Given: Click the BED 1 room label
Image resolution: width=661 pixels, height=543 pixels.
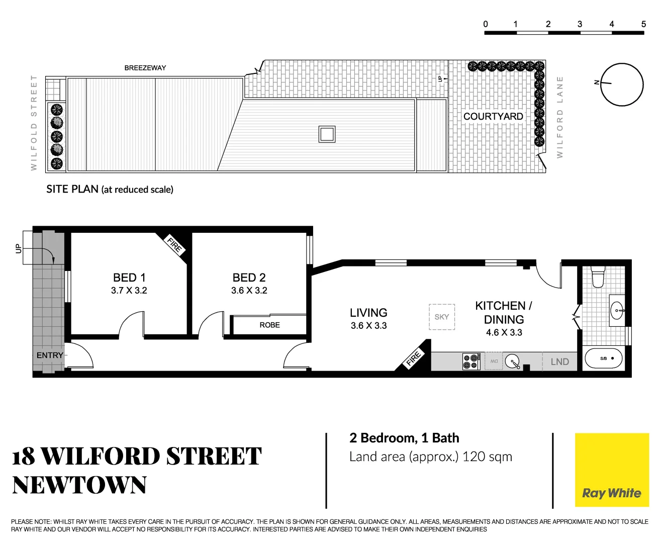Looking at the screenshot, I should click(x=129, y=278).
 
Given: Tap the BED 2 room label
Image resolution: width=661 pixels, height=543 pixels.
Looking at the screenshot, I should click(x=249, y=278).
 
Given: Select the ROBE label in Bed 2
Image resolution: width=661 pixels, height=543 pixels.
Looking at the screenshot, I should click(x=269, y=325).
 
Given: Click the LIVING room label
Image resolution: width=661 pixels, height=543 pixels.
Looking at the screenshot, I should click(x=368, y=313).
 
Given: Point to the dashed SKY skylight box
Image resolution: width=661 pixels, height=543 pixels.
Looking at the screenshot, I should click(x=442, y=317).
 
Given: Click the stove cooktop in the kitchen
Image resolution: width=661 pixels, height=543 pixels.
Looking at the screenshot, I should click(x=471, y=361).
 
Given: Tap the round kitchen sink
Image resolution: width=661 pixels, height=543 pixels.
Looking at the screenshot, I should click(x=512, y=361).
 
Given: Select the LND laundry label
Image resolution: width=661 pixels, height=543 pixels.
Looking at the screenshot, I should click(x=559, y=361).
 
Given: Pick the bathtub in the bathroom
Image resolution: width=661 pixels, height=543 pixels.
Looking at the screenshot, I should click(x=604, y=359).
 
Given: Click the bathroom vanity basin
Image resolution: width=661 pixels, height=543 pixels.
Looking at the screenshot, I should click(x=617, y=311).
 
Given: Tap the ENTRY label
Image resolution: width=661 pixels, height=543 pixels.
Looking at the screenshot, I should click(x=50, y=355).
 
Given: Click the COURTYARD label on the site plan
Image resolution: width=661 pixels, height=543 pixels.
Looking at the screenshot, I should click(x=493, y=116).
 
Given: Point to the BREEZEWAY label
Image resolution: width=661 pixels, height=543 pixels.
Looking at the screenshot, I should click(x=145, y=68).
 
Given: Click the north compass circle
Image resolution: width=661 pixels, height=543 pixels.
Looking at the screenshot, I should click(x=622, y=84).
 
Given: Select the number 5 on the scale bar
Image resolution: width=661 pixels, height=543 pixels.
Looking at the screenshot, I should click(x=643, y=24).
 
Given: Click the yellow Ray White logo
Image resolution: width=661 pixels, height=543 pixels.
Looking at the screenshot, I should click(x=612, y=470).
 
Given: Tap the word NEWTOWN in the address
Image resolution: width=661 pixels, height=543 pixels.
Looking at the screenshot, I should click(x=79, y=485).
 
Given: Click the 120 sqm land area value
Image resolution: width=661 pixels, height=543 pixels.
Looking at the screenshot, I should click(x=487, y=457).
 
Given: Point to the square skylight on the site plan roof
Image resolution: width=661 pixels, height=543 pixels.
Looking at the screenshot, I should click(x=327, y=134).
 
